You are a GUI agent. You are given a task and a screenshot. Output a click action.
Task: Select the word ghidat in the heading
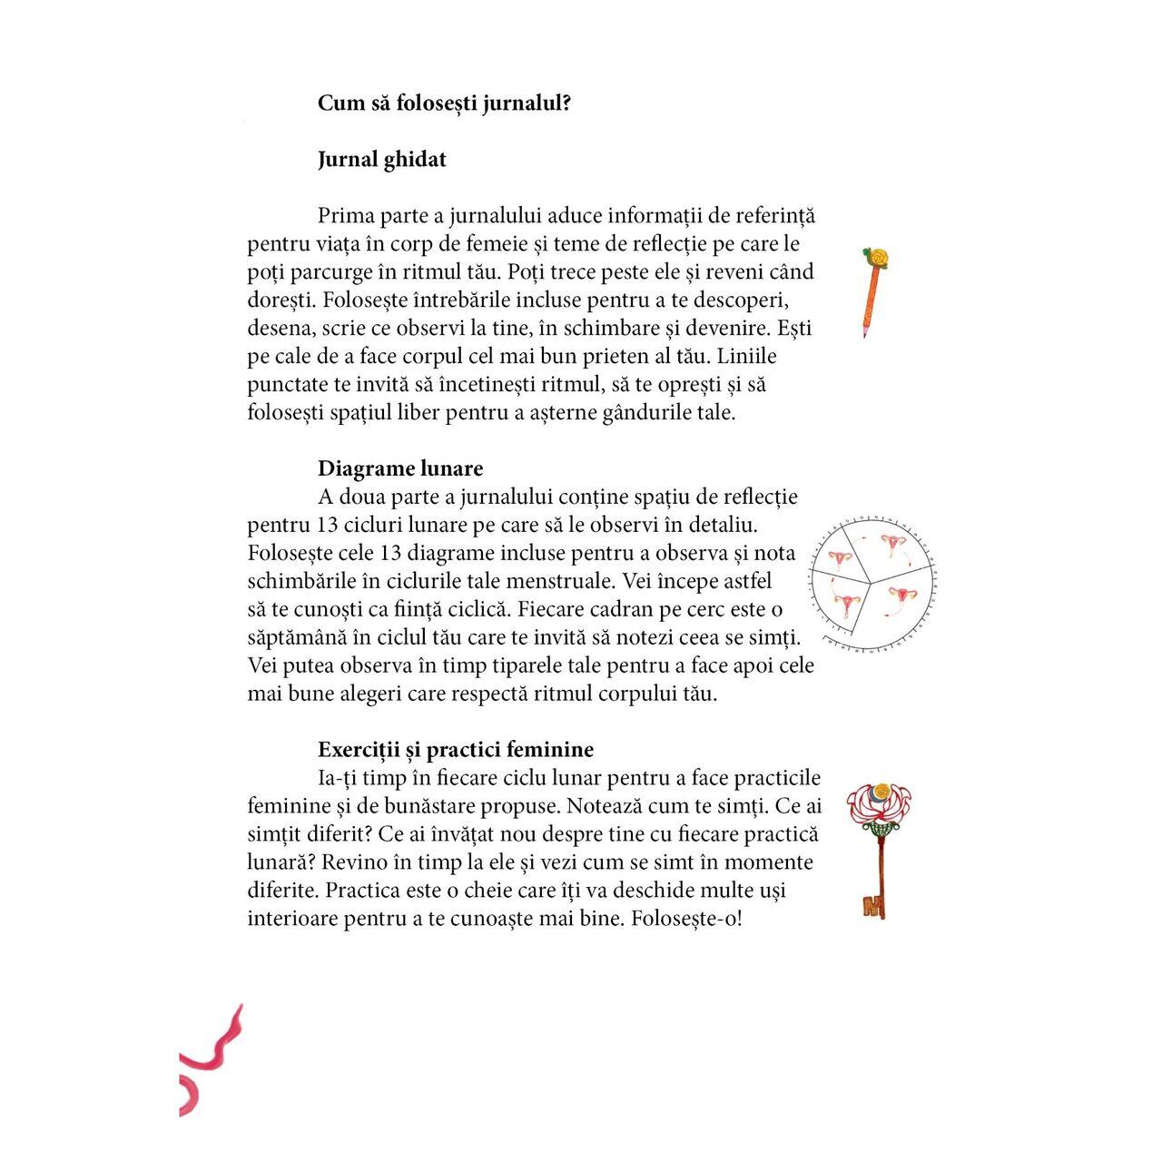coord(413,160)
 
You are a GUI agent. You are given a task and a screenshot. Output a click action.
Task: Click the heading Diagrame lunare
coord(400,468)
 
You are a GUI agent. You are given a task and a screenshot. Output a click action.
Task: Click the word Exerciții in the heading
coord(356,750)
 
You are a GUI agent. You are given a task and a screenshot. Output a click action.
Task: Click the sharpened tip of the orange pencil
coord(865,335)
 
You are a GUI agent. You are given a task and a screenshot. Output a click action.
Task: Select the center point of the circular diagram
coord(871,582)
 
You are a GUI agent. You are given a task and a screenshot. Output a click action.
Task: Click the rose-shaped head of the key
coord(877,804)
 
